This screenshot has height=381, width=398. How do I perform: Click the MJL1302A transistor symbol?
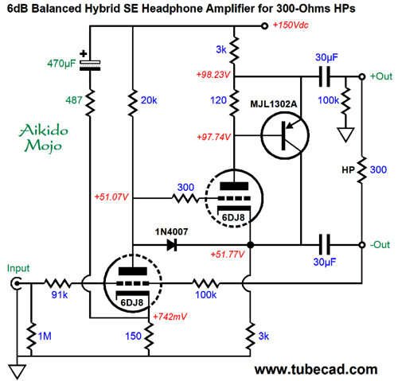point(285,136)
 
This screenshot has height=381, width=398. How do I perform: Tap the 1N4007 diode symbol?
point(172,245)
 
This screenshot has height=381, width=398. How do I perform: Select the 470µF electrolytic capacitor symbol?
point(90,65)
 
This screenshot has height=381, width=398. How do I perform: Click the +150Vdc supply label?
point(291,25)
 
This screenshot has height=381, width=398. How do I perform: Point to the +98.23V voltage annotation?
point(213,75)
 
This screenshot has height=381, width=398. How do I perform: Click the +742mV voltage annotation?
point(170,317)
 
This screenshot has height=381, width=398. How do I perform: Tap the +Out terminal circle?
point(362,76)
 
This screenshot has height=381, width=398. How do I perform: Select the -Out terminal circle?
point(362,245)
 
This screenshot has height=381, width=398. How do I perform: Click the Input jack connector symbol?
point(16,284)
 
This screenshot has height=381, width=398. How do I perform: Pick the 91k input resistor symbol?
point(57,283)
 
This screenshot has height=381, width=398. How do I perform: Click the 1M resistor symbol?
point(31,336)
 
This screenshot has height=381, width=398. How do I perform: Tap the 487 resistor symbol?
point(90,103)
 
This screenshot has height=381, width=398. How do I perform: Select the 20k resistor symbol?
point(133,103)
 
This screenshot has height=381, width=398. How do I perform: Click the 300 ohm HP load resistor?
point(362,170)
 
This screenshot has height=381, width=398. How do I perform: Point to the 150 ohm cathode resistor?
point(149,336)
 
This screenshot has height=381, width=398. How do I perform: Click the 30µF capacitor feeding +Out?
point(325,76)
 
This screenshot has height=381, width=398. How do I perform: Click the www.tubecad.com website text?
point(316,369)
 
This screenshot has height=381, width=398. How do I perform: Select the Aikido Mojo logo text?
point(43,138)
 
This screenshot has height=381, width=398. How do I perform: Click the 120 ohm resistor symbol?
point(234,103)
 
